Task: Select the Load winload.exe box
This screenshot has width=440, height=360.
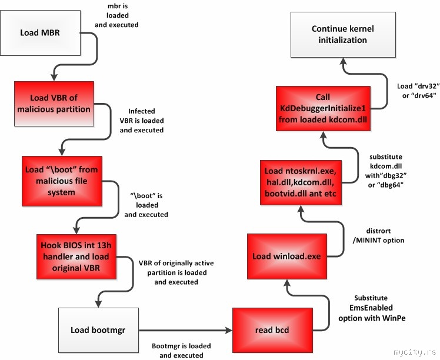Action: pyautogui.click(x=286, y=256)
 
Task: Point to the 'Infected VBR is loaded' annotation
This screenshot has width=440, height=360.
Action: pyautogui.click(x=142, y=121)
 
